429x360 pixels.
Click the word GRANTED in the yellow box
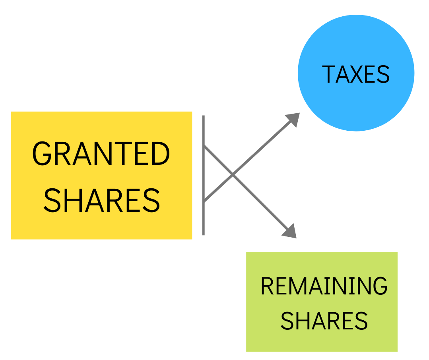101,154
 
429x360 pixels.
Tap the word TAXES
356,74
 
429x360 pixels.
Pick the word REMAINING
324,286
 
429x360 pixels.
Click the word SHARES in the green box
324,321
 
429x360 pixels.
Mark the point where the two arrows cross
233,175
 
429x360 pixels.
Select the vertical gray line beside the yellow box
204,175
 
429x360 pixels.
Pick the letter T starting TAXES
328,74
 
